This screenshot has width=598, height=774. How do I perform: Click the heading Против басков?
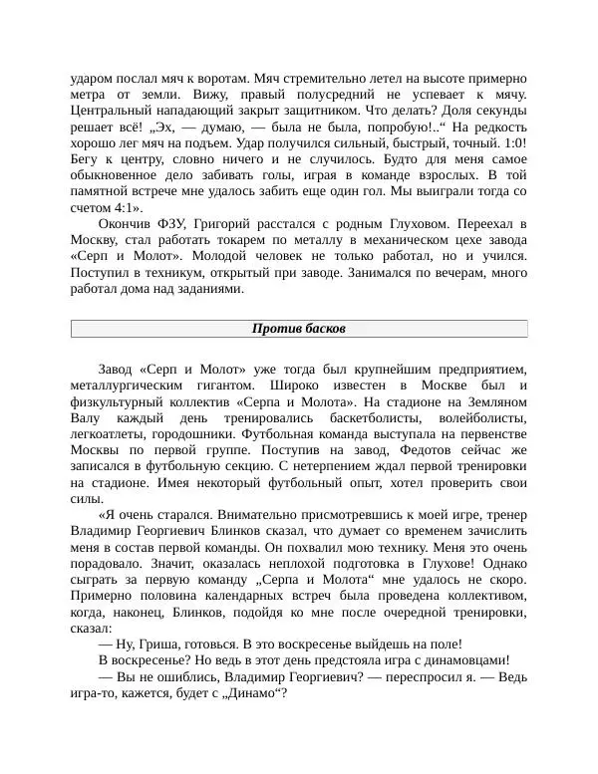click(x=298, y=329)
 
